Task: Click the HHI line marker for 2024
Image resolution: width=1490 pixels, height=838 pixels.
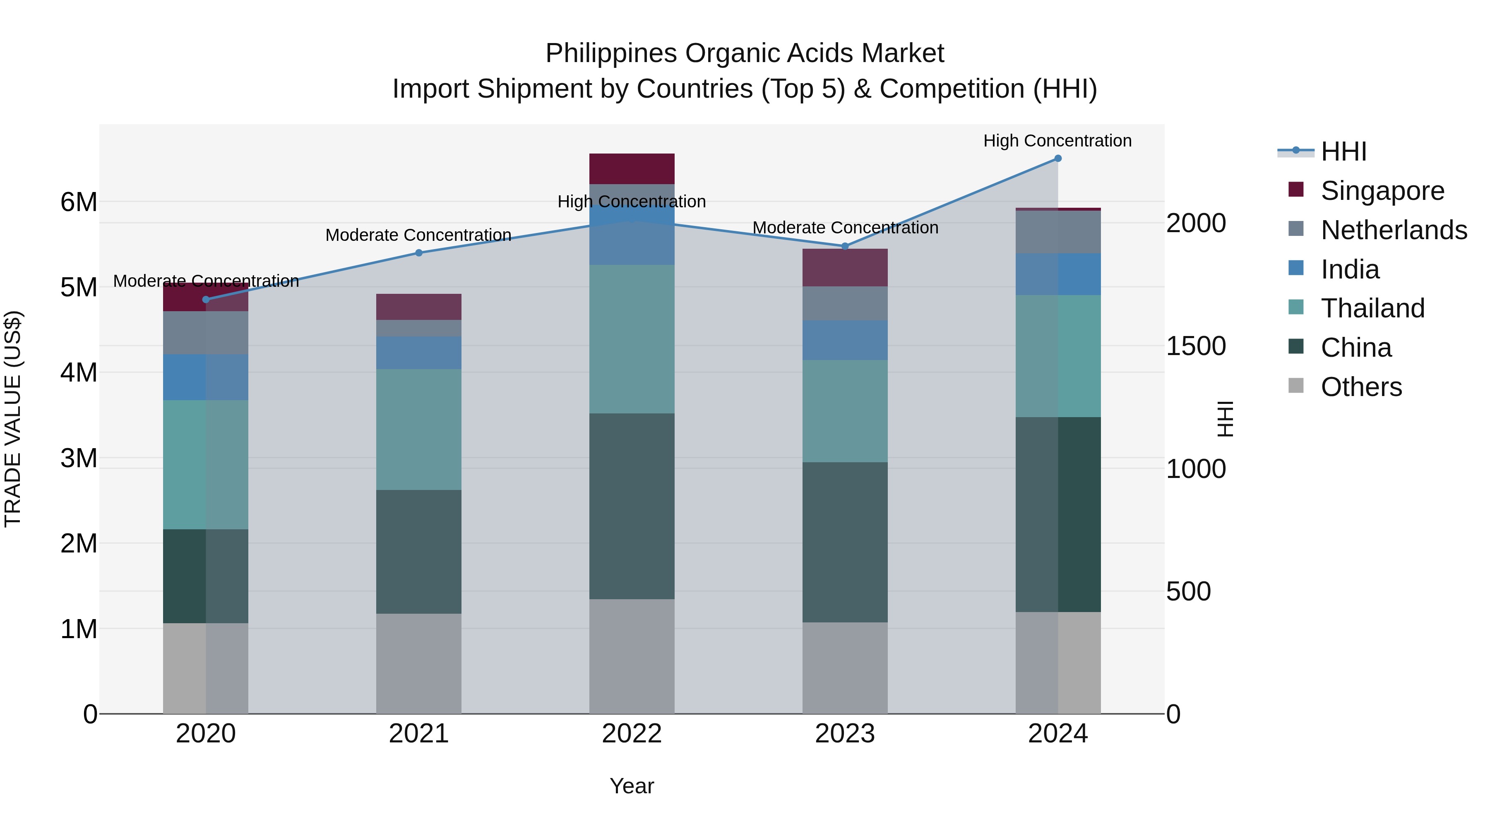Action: [x=1057, y=158]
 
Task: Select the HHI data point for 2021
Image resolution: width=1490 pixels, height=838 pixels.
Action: [x=419, y=253]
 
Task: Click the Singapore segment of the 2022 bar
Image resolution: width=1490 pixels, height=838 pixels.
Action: [x=632, y=169]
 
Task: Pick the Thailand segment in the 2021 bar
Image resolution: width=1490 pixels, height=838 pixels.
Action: [x=419, y=430]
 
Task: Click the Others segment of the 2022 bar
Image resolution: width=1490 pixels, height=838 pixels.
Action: [x=632, y=656]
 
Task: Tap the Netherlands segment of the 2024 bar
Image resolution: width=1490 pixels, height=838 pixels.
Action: [x=1057, y=232]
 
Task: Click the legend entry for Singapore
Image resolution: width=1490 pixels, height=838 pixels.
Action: [x=1382, y=191]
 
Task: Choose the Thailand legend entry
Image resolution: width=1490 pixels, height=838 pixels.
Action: [x=1372, y=308]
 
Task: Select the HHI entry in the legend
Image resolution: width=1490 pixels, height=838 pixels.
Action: [x=1343, y=151]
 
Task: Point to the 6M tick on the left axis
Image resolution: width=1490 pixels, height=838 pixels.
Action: [x=79, y=202]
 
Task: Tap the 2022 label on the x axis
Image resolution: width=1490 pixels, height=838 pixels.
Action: [x=632, y=734]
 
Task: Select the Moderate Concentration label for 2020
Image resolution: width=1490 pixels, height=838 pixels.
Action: [x=206, y=281]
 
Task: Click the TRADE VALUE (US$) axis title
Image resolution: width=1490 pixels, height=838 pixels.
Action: [x=13, y=419]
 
